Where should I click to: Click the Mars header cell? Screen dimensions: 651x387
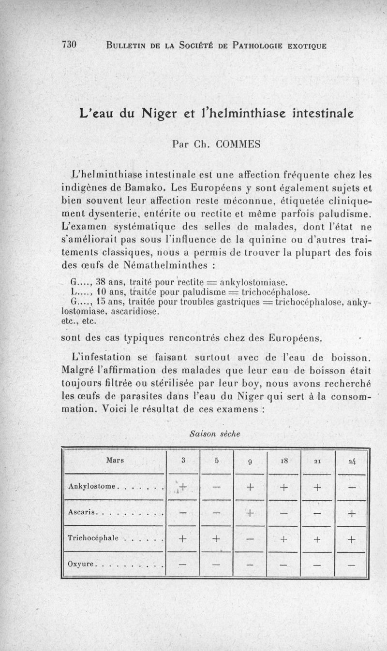115,460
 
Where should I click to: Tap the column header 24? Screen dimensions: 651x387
351,461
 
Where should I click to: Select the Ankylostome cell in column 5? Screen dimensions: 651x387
216,487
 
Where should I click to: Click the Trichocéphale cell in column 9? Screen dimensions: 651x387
250,538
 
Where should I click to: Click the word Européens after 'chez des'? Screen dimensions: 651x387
295,338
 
